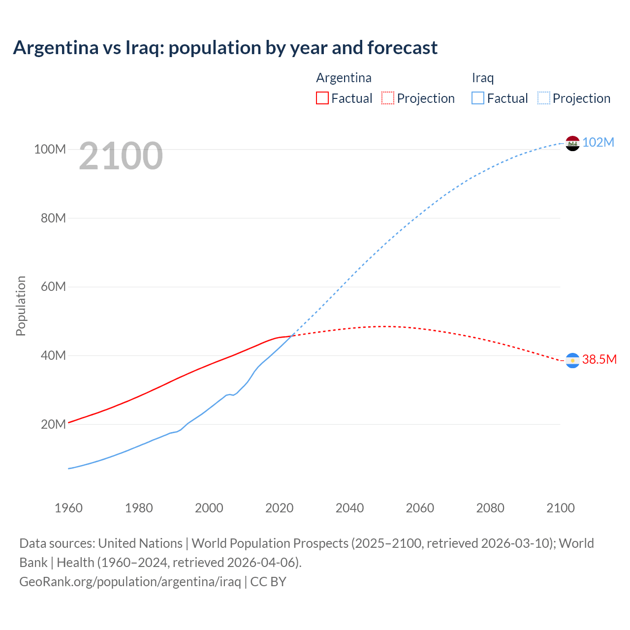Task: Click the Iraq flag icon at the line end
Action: point(572,143)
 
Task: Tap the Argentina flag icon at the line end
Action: point(572,361)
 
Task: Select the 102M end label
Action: point(598,143)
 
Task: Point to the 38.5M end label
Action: point(599,360)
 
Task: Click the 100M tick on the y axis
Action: point(50,149)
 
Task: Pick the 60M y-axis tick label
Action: point(53,286)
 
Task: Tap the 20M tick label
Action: point(53,424)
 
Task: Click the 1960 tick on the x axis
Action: point(68,508)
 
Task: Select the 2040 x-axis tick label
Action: point(349,508)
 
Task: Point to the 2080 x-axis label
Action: point(490,508)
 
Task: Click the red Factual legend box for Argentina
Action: point(322,98)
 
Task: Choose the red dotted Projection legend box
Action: point(388,98)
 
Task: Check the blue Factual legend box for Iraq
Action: point(478,98)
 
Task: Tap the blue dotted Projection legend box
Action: point(544,98)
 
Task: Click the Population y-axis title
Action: point(21,306)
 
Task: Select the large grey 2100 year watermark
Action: point(121,156)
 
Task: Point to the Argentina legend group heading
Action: point(344,78)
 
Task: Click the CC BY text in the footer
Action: point(268,582)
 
